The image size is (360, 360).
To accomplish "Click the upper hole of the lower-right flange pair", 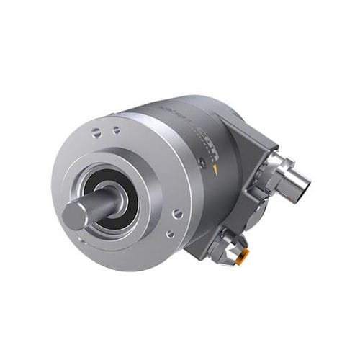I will point(177,214).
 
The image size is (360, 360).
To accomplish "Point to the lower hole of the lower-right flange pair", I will point(170,233).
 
